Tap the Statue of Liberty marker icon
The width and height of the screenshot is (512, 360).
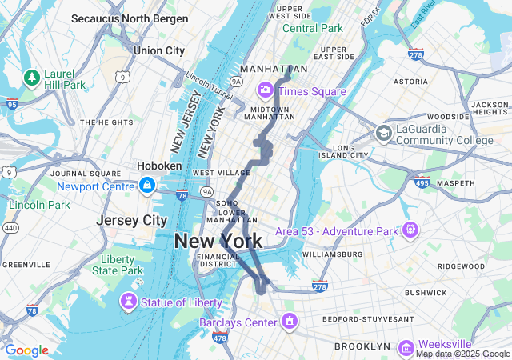(128, 302)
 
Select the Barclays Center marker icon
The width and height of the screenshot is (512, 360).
(289, 322)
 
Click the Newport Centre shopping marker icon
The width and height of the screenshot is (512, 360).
(146, 186)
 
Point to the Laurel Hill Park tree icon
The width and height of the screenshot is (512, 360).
(32, 78)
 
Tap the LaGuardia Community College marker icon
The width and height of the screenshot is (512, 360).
(384, 133)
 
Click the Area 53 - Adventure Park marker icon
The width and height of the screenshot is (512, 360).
(410, 230)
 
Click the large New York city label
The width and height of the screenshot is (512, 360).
(218, 240)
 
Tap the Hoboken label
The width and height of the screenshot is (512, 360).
(159, 166)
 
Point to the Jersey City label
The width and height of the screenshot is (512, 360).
(131, 220)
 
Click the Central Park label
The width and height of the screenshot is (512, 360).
(312, 29)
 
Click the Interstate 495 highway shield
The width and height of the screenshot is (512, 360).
(422, 183)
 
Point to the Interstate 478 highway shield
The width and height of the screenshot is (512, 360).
(220, 338)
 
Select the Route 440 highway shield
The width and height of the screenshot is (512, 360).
(10, 228)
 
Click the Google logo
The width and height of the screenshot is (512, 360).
(26, 350)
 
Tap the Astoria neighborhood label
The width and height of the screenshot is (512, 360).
(411, 82)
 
